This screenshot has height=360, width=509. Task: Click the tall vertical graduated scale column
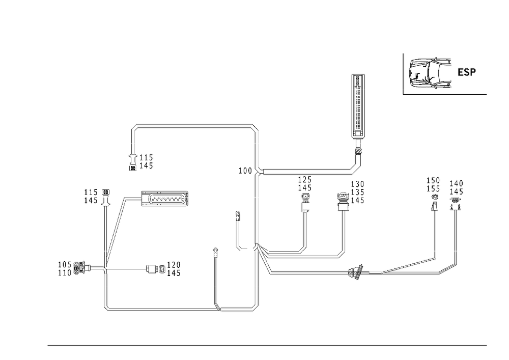coord(358,104)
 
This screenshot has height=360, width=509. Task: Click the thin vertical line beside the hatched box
coord(403,74)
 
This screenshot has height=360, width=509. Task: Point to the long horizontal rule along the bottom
coord(267,345)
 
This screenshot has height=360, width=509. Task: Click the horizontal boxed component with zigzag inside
coord(164,199)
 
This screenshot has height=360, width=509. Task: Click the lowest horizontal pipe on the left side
coord(161,308)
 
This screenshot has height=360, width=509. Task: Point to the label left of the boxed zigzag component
coord(97,198)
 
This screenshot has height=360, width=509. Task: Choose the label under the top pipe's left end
coord(140,162)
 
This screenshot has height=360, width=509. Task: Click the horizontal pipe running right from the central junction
coord(300,253)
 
